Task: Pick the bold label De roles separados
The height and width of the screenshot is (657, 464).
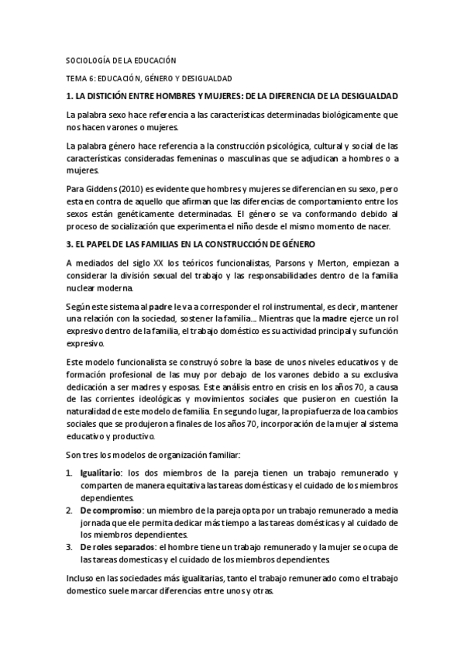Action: coord(116,547)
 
